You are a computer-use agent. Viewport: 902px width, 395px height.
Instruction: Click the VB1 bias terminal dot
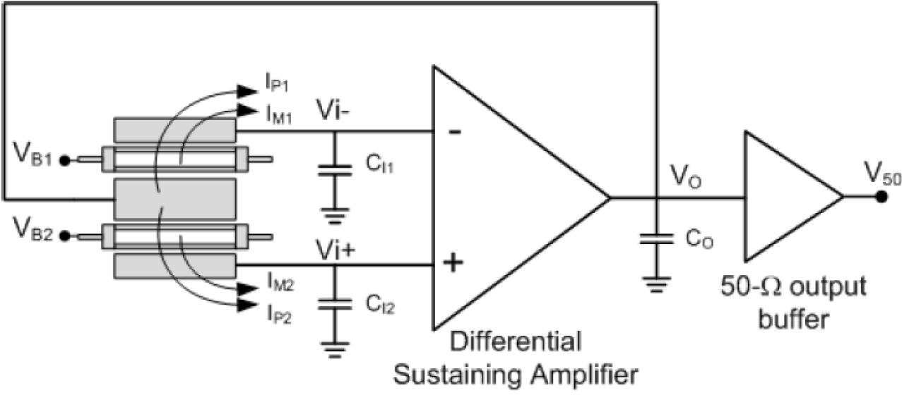coord(66,160)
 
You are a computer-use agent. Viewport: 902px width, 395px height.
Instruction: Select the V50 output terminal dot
coord(881,197)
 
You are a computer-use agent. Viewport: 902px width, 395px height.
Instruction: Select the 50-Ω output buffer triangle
coord(784,197)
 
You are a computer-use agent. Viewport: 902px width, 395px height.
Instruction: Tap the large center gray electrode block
coord(174,199)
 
